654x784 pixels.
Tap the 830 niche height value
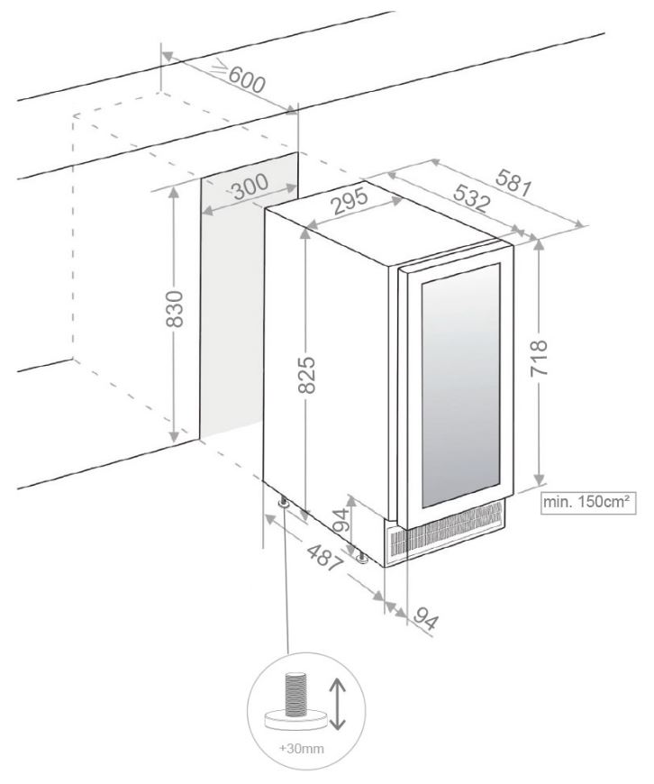click(x=175, y=309)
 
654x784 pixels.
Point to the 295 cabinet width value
click(x=350, y=202)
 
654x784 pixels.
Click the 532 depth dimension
click(x=471, y=197)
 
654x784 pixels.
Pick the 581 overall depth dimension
click(x=513, y=183)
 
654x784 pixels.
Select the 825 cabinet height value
click(x=305, y=375)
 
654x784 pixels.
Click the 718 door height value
click(x=539, y=359)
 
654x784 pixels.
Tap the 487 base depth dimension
click(x=325, y=558)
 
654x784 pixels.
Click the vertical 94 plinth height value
click(x=341, y=521)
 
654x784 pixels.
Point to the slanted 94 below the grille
click(x=425, y=620)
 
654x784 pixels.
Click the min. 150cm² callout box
click(x=589, y=503)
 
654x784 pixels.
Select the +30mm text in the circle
click(x=301, y=749)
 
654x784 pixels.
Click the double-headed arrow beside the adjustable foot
click(x=339, y=703)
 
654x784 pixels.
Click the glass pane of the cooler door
click(x=461, y=385)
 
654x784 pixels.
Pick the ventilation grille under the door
click(x=446, y=532)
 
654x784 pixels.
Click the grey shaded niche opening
click(x=249, y=296)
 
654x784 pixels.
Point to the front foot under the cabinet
click(x=361, y=558)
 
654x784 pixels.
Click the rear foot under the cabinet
click(x=284, y=502)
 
